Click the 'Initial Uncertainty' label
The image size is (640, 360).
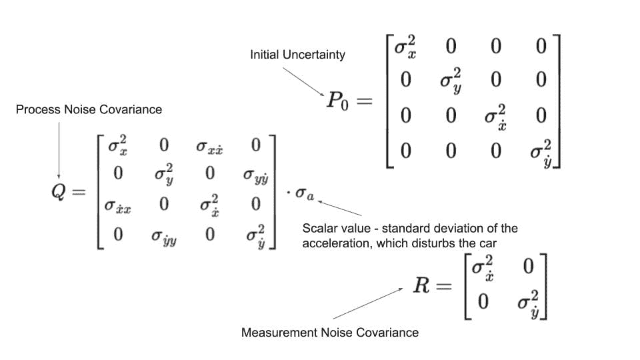pyautogui.click(x=297, y=55)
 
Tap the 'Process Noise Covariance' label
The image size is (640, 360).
pyautogui.click(x=89, y=109)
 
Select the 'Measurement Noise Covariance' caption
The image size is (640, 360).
pyautogui.click(x=330, y=332)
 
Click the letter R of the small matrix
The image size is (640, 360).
pyautogui.click(x=422, y=287)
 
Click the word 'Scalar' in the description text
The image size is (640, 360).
pyautogui.click(x=319, y=228)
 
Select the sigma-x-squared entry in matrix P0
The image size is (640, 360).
pyautogui.click(x=404, y=49)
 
